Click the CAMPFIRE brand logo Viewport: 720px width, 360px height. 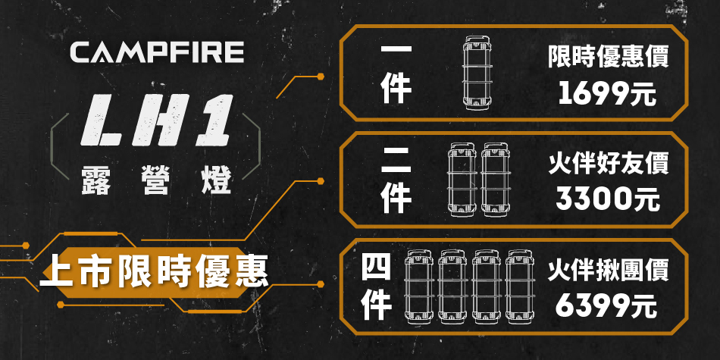tap(157, 53)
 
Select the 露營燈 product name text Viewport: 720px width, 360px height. tap(156, 180)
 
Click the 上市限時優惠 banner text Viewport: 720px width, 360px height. tap(154, 271)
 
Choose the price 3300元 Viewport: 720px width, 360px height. tap(607, 201)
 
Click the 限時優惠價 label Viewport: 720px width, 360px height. tap(608, 58)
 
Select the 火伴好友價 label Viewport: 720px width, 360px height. tap(608, 164)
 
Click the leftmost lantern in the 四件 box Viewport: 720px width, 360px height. tap(418, 286)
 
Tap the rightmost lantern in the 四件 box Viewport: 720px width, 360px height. tap(520, 286)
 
